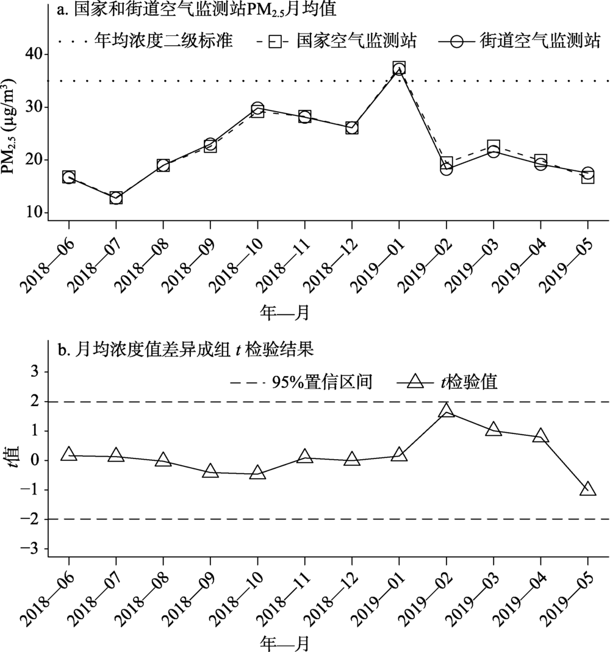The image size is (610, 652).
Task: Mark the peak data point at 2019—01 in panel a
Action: click(399, 68)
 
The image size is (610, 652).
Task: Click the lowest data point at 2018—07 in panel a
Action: click(116, 198)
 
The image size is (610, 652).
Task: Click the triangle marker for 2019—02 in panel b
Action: click(447, 411)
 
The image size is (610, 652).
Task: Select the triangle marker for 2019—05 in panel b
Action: click(588, 490)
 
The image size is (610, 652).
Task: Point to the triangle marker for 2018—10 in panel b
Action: click(257, 473)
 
